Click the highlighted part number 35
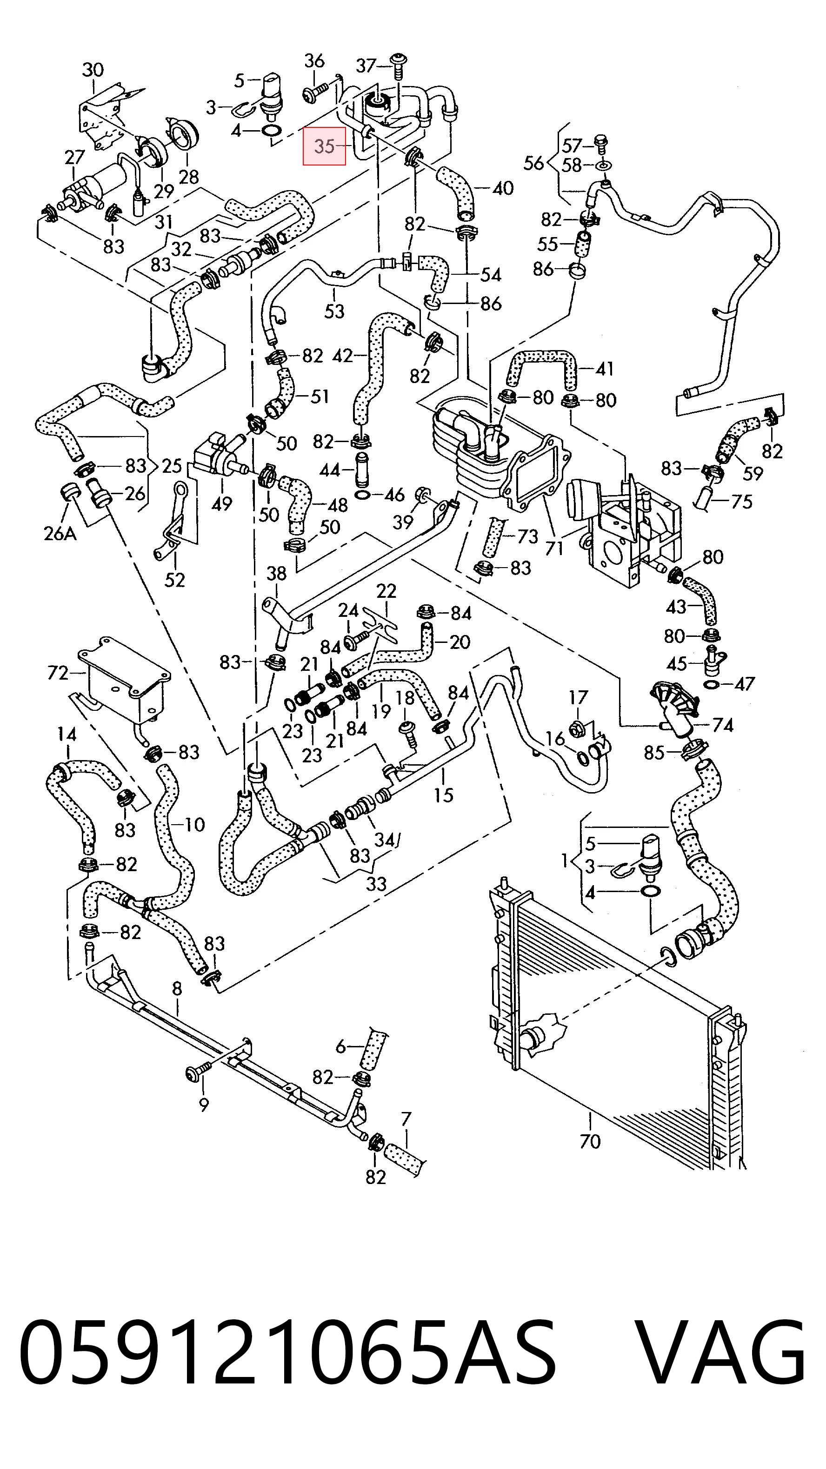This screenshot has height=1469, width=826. pyautogui.click(x=324, y=146)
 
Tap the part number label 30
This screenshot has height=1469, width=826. pyautogui.click(x=93, y=70)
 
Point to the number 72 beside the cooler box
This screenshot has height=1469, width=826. pyautogui.click(x=58, y=673)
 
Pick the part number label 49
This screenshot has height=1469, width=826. pyautogui.click(x=221, y=503)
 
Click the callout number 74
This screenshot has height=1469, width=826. pyautogui.click(x=723, y=725)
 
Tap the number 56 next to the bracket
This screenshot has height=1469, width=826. pyautogui.click(x=534, y=163)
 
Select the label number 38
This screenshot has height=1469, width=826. pyautogui.click(x=276, y=573)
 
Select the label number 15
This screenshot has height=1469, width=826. pyautogui.click(x=443, y=794)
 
